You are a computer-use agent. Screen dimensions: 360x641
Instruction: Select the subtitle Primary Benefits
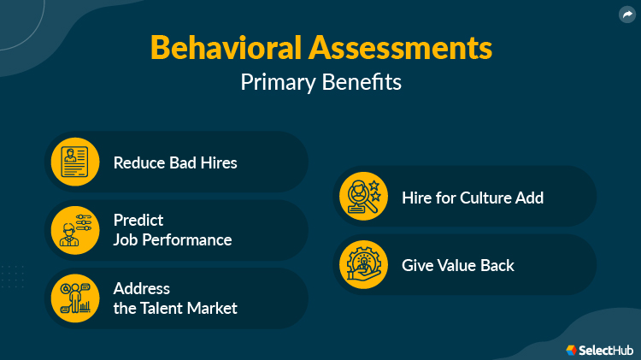pos(320,82)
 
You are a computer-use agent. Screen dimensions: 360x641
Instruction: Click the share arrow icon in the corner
pos(627,14)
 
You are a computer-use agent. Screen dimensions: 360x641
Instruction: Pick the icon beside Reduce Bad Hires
pos(75,162)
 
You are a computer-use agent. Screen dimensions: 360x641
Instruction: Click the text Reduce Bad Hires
pos(175,162)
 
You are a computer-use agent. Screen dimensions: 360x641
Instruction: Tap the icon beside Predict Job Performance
pos(75,230)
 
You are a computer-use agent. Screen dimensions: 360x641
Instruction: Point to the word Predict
pos(138,220)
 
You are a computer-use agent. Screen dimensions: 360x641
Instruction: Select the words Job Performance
pos(173,240)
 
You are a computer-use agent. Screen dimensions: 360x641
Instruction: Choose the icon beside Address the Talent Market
pos(75,298)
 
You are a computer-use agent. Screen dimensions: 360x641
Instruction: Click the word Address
pos(142,288)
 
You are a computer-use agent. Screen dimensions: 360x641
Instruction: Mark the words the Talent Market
pos(175,309)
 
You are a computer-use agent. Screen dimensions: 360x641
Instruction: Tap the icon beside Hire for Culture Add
pos(364,197)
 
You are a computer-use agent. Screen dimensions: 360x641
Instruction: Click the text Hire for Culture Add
pos(473,198)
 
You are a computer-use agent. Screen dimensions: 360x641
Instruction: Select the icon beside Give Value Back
pos(364,265)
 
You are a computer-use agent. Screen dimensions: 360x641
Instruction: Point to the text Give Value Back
pos(458,265)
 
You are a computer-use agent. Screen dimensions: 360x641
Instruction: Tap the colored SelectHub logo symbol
pos(572,350)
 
